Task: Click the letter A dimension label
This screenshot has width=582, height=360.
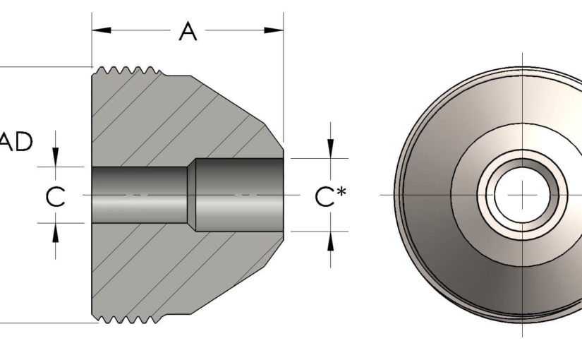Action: click(187, 31)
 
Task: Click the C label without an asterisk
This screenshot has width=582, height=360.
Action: click(56, 197)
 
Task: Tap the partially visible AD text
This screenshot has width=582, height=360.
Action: click(16, 142)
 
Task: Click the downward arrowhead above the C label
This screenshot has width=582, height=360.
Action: click(56, 159)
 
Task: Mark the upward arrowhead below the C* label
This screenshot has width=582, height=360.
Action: click(330, 239)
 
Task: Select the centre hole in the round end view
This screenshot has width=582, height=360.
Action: click(522, 194)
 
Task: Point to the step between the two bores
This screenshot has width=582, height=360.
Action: click(191, 194)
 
